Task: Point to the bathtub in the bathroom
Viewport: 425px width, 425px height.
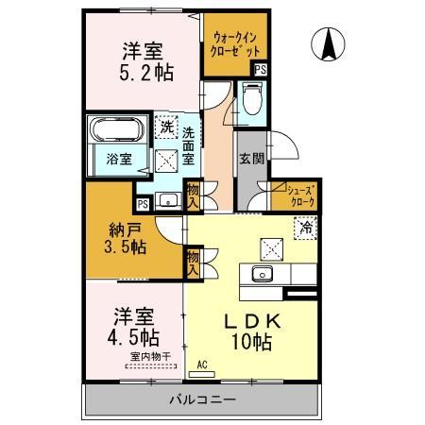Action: coord(115,129)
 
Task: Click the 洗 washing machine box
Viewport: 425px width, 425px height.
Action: coord(166,127)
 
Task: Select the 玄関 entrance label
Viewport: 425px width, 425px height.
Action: coord(249,159)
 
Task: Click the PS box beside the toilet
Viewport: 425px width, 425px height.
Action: coord(260,69)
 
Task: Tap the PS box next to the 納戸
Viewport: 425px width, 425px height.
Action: coord(143,203)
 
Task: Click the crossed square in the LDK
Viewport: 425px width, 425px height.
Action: coord(273,248)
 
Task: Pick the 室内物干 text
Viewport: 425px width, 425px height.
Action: coord(148,355)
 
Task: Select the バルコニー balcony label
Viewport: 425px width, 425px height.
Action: coord(202,399)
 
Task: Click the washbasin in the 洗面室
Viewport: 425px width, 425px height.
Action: coord(170,199)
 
